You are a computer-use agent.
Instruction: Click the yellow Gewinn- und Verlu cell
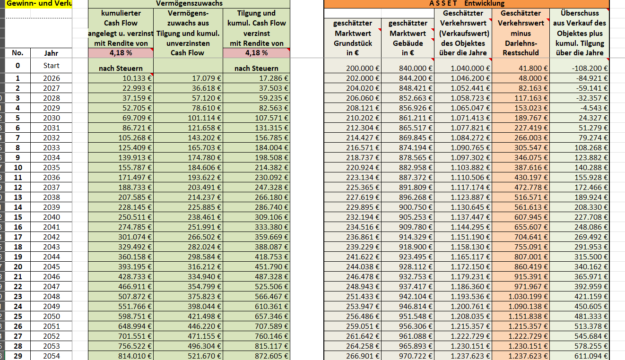(x=36, y=4)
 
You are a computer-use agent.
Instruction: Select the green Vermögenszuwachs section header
(x=189, y=3)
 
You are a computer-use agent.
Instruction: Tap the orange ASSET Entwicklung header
(x=466, y=3)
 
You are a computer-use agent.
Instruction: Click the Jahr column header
(x=51, y=53)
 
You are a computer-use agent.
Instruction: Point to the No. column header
(x=17, y=53)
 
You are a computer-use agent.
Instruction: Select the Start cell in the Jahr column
(x=51, y=65)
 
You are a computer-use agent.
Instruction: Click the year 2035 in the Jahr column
(x=51, y=167)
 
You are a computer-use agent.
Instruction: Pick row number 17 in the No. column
(x=17, y=237)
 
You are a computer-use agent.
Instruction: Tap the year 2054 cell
(x=51, y=356)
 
